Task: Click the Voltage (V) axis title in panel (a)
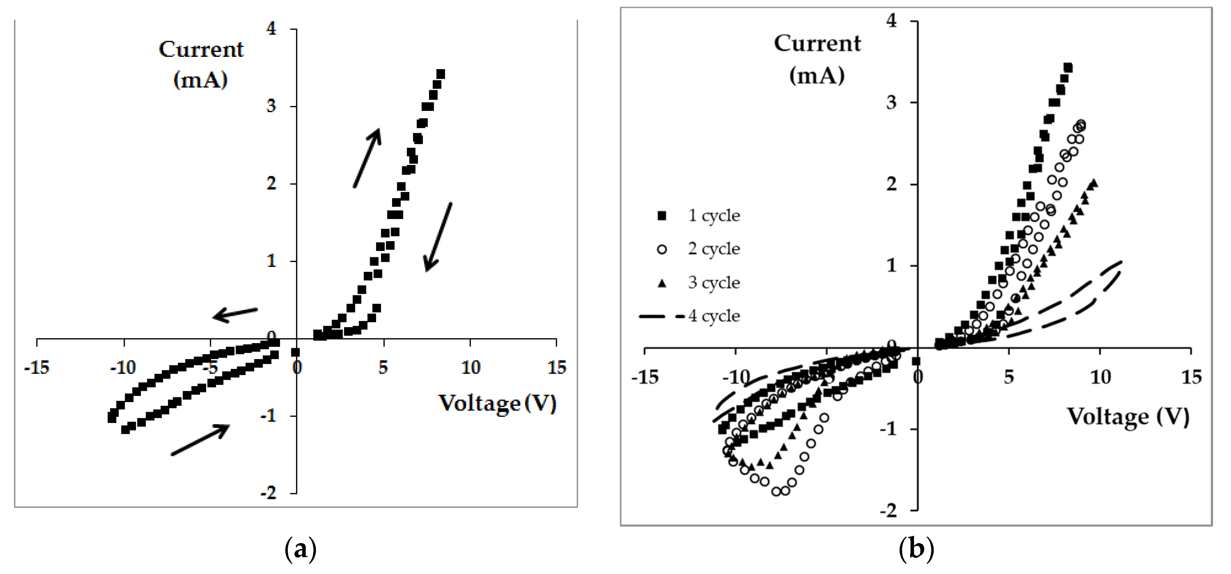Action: point(497,403)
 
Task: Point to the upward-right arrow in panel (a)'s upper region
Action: point(367,158)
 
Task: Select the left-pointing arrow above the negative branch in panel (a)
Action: point(235,314)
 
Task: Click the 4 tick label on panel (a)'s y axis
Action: point(271,29)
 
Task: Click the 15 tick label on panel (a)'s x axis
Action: point(556,368)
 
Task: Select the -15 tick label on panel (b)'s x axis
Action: point(644,377)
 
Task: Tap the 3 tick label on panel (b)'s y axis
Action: point(892,103)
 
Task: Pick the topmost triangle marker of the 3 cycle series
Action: point(1094,183)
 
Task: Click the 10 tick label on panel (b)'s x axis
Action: point(1100,377)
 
